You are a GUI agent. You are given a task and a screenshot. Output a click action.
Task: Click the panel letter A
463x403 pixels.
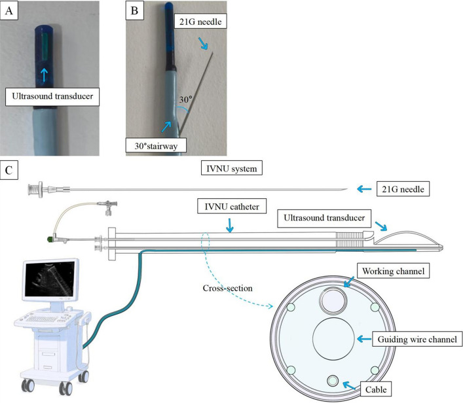tap(9, 11)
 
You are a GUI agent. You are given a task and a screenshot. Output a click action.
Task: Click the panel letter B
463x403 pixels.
tap(134, 11)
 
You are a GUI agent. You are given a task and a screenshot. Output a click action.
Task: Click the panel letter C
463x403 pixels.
tap(9, 170)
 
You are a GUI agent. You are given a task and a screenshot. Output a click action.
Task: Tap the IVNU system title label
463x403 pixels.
tap(232, 168)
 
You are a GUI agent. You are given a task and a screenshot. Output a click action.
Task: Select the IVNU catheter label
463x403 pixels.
tap(232, 206)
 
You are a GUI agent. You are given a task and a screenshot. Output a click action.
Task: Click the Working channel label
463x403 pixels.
tap(394, 271)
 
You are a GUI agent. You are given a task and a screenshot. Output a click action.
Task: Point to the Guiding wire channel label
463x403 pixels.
tap(417, 339)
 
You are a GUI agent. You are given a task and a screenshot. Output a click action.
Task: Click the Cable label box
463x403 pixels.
tap(376, 389)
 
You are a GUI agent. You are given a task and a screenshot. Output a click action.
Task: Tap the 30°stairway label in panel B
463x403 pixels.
tap(156, 145)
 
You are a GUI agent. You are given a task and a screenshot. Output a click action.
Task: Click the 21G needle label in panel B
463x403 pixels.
tap(200, 21)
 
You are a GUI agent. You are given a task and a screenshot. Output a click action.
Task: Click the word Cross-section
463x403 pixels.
tap(227, 288)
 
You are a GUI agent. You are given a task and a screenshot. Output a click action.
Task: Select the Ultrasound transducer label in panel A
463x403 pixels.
tap(52, 96)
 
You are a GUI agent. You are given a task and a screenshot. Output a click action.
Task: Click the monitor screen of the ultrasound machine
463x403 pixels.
tap(50, 279)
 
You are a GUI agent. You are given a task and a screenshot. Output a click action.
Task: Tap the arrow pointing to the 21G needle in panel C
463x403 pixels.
tap(364, 189)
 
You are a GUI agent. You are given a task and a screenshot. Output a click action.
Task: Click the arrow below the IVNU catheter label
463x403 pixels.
tap(229, 225)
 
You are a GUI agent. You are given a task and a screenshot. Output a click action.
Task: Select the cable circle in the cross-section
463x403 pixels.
tap(333, 380)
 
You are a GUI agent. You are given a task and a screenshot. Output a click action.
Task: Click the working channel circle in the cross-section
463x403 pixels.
tap(334, 301)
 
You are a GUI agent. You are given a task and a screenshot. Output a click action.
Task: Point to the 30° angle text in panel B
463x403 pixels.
tap(186, 99)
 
